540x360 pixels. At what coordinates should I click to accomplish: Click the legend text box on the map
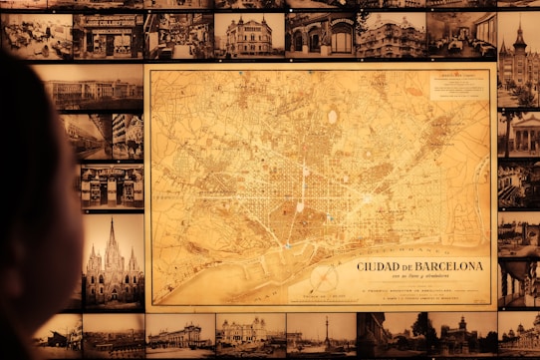459,84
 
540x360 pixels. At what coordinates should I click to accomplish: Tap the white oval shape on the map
332,117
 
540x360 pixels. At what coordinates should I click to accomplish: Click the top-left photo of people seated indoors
36,35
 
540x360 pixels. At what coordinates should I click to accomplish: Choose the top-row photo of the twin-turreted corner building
248,36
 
